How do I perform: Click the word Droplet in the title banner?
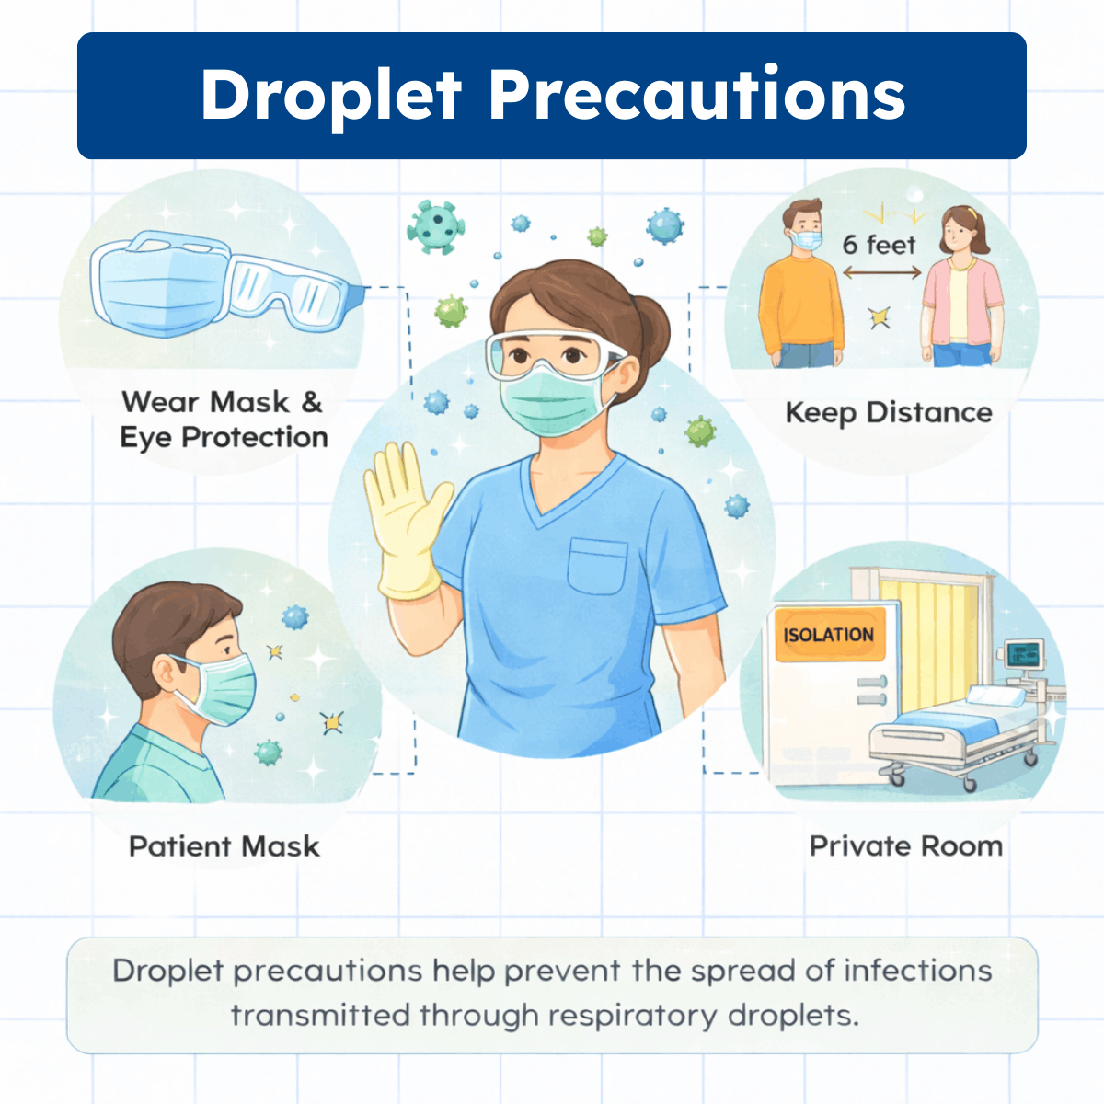click(330, 96)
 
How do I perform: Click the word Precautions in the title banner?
click(696, 96)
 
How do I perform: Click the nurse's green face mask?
click(549, 402)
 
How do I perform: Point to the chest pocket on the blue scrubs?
click(597, 565)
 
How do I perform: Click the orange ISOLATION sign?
click(829, 634)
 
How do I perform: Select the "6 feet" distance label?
click(879, 245)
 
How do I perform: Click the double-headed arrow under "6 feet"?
click(881, 272)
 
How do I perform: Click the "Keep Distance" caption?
click(889, 413)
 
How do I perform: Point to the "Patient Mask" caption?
click(224, 846)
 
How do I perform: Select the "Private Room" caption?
click(905, 846)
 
